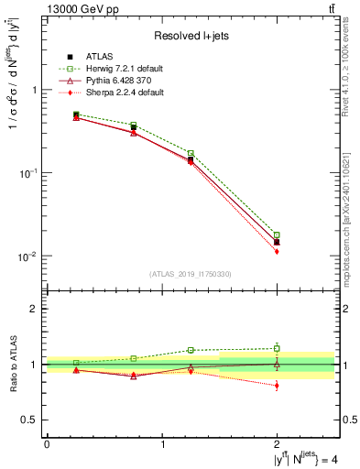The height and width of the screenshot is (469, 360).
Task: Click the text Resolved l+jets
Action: pos(191,36)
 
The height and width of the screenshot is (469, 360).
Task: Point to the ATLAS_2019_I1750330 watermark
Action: pos(191,273)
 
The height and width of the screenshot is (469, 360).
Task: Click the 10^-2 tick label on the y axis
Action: pos(28,256)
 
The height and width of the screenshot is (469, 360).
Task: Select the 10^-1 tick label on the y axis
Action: pos(28,173)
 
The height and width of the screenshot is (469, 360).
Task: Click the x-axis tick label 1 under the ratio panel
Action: pos(163,445)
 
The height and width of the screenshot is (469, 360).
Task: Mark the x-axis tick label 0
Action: pos(47,445)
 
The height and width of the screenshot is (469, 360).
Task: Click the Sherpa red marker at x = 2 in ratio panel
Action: pos(277,386)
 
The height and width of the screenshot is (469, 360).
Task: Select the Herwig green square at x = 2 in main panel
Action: pos(277,235)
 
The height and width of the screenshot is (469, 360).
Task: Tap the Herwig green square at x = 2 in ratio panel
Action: pos(277,348)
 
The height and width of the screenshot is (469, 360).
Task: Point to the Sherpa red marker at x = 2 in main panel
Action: pos(277,251)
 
